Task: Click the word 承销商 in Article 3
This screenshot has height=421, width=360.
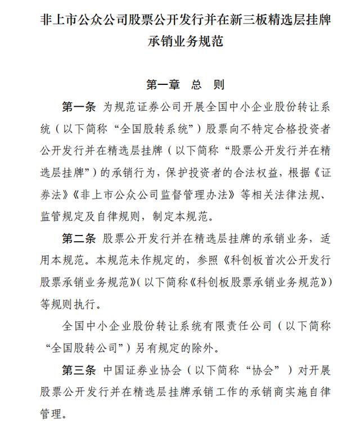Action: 258,391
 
